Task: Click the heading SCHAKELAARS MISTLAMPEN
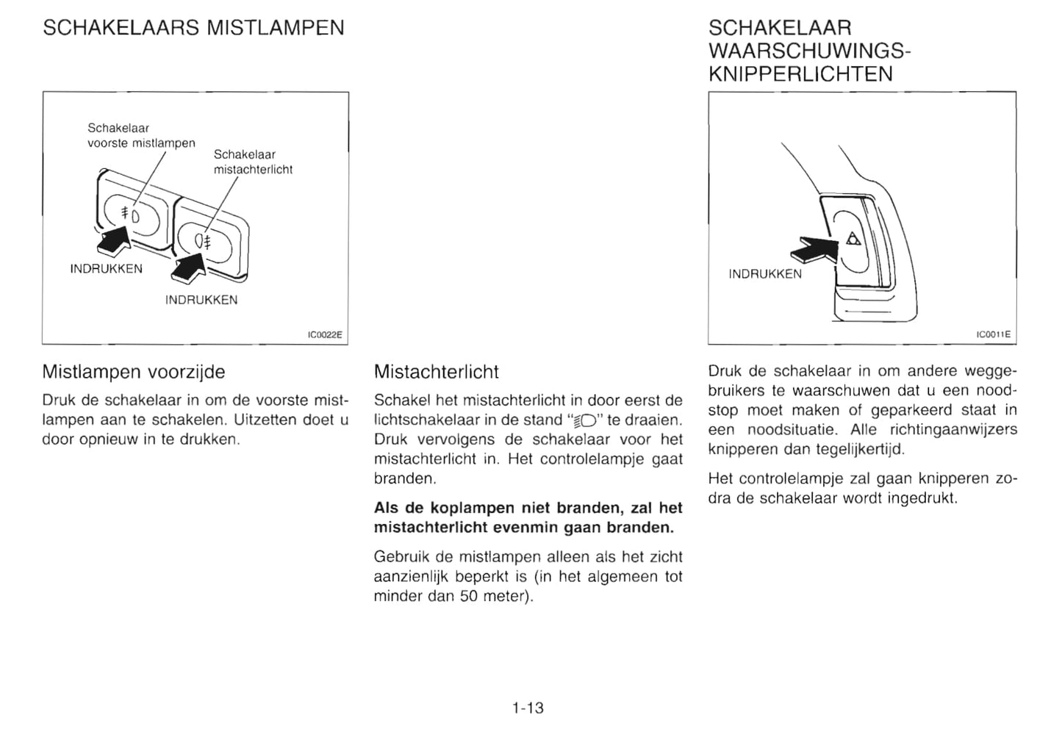[193, 28]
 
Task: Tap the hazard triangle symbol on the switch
[853, 238]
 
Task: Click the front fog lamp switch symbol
[129, 214]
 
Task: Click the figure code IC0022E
[325, 335]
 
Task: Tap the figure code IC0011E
[993, 335]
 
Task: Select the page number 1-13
[528, 708]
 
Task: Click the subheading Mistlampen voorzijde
[134, 372]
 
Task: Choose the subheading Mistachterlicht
[437, 372]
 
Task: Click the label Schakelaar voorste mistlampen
[141, 135]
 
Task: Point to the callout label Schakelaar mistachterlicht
[253, 162]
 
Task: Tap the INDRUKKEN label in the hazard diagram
[765, 274]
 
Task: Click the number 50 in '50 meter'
[469, 596]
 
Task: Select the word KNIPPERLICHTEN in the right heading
[800, 74]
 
